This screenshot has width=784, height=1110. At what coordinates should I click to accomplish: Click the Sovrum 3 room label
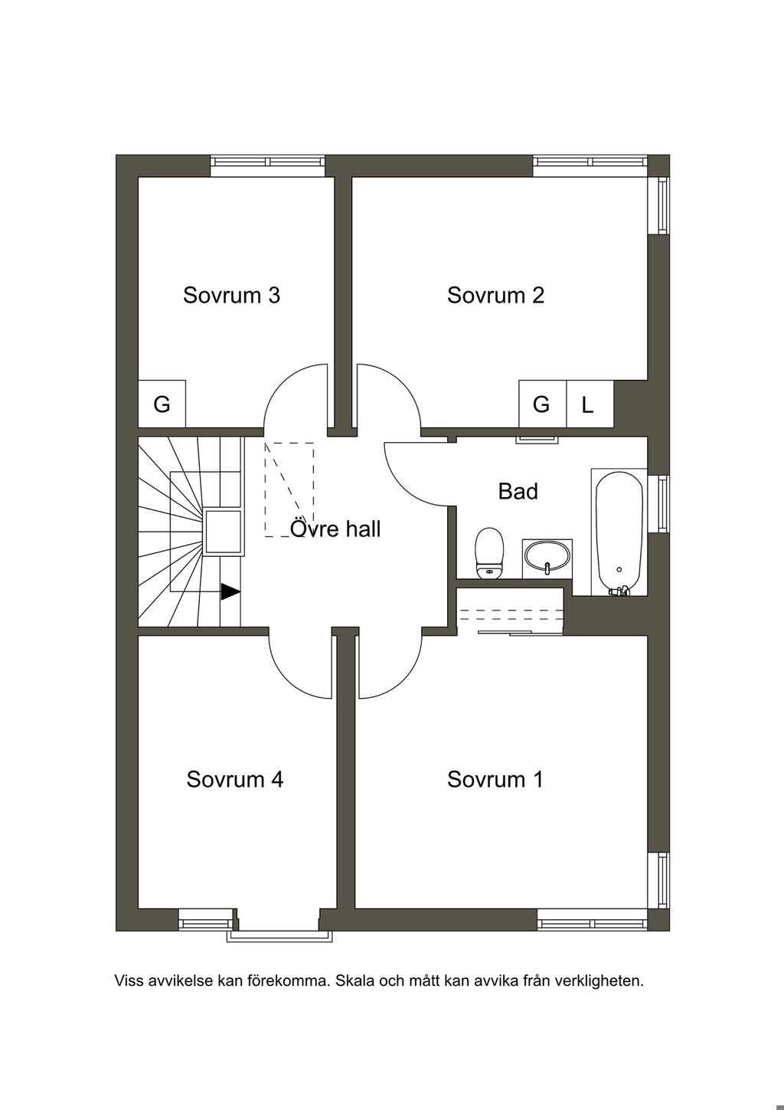[x=231, y=296]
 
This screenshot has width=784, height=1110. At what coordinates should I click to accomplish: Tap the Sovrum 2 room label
[x=495, y=296]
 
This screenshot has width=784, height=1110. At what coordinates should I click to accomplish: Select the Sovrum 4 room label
[x=235, y=780]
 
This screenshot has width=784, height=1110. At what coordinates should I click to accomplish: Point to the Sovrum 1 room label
[x=495, y=780]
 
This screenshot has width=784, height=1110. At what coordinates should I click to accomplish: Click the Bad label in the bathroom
[x=518, y=491]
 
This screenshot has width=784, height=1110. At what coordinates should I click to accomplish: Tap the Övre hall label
[x=335, y=529]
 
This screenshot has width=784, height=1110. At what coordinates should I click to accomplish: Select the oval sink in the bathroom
[x=547, y=556]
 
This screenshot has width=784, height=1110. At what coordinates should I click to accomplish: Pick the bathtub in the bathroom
[x=619, y=532]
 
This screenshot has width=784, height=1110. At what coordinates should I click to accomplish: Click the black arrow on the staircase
[x=230, y=591]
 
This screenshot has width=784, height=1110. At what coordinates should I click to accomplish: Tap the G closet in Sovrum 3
[x=162, y=404]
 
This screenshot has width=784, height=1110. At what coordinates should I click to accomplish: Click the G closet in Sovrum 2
[x=542, y=404]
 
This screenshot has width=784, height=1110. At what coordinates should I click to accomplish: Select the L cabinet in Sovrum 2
[x=590, y=404]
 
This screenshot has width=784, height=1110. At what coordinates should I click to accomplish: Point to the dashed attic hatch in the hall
[x=289, y=490]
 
